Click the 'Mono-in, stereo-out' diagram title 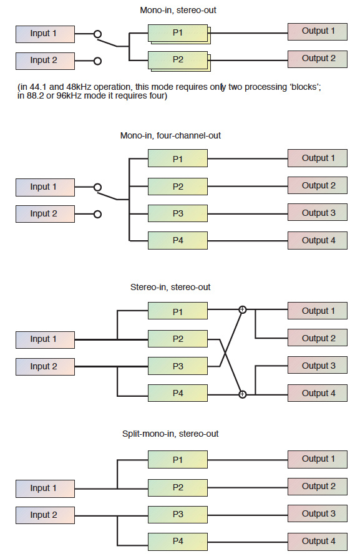pos(178,10)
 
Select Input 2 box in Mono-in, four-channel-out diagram pos(46,214)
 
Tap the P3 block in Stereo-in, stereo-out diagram pos(178,366)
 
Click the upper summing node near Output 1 pos(242,309)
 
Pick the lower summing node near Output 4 pos(242,394)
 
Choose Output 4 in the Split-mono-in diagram pos(317,541)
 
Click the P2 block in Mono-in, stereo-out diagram pos(178,60)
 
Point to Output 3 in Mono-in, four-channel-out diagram pos(317,213)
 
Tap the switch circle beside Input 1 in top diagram pos(97,34)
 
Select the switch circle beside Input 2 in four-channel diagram pos(97,214)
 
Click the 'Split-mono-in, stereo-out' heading pos(170,434)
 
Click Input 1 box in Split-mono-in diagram pos(46,489)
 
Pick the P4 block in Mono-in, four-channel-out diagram pos(178,241)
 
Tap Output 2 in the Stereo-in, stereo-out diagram pos(317,338)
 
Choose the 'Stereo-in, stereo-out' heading pos(170,287)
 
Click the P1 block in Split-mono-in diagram pos(178,460)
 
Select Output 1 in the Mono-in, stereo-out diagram pos(317,31)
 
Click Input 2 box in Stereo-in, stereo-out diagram pos(46,366)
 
